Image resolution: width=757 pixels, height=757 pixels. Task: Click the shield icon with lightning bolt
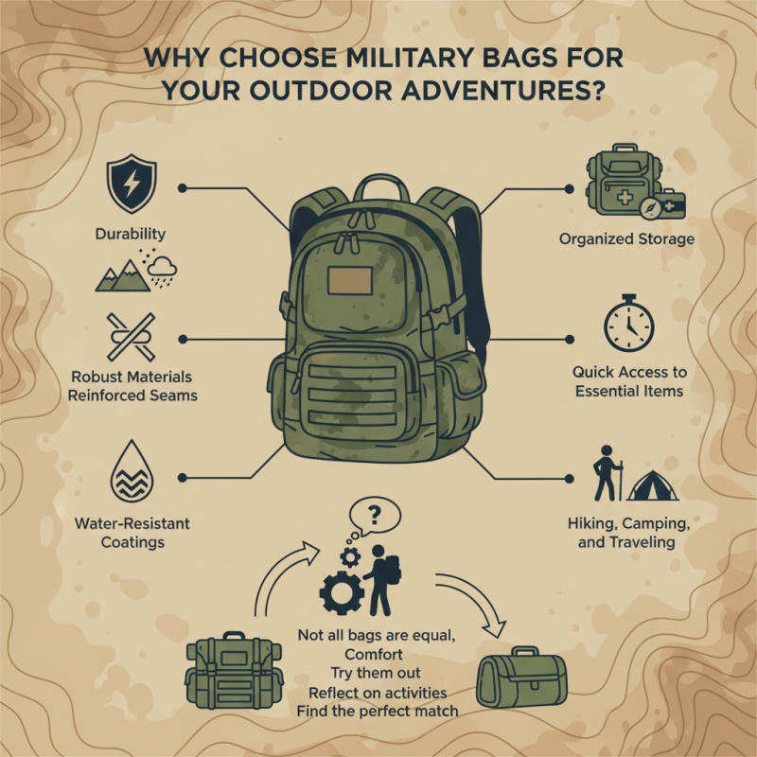coord(132,185)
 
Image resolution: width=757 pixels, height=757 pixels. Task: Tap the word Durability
coord(131,234)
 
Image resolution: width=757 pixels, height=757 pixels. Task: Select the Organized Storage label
coord(625,239)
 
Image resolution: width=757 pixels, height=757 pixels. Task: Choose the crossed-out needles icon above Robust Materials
coord(132,336)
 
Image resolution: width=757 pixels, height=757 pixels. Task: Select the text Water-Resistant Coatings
coord(132,533)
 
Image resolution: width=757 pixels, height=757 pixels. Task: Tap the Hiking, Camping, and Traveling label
coord(627,533)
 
